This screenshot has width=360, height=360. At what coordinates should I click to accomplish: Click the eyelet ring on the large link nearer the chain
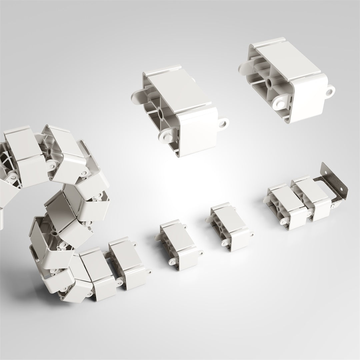click(x=224, y=124)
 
